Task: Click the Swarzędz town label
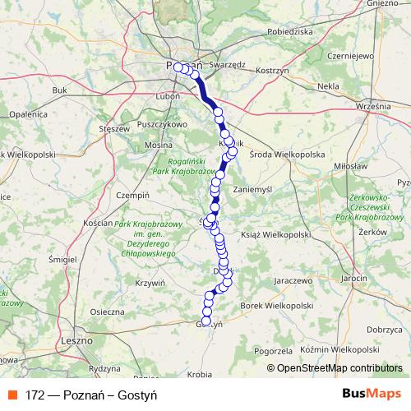click(228, 63)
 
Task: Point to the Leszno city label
click(76, 338)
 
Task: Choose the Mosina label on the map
click(159, 144)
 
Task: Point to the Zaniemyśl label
click(275, 187)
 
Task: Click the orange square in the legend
click(12, 395)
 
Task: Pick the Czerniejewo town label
click(344, 57)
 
